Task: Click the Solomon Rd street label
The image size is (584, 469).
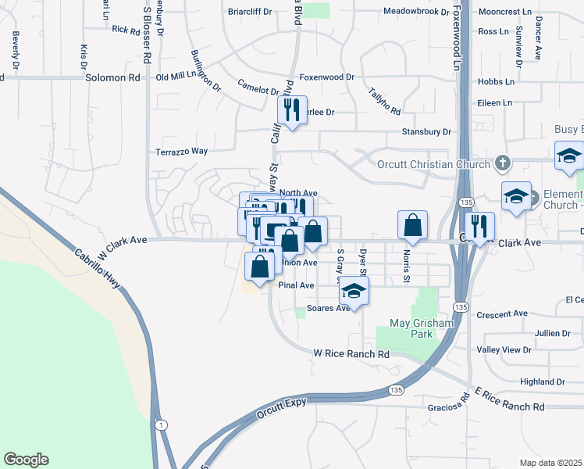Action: pos(112,78)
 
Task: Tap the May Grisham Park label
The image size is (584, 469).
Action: pos(411,329)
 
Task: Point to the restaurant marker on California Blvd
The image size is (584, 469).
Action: pos(293,110)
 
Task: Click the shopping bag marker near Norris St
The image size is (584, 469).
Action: pos(413,226)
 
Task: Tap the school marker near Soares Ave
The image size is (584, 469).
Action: pos(354,292)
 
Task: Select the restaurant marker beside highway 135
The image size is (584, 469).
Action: pos(479,226)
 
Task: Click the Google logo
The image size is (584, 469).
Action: pos(26,460)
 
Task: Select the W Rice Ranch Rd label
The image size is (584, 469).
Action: pos(351,354)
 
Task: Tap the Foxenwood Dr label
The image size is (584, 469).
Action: pos(327,77)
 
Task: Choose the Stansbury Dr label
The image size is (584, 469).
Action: pos(426,132)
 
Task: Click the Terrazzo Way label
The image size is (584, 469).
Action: pos(182,151)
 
